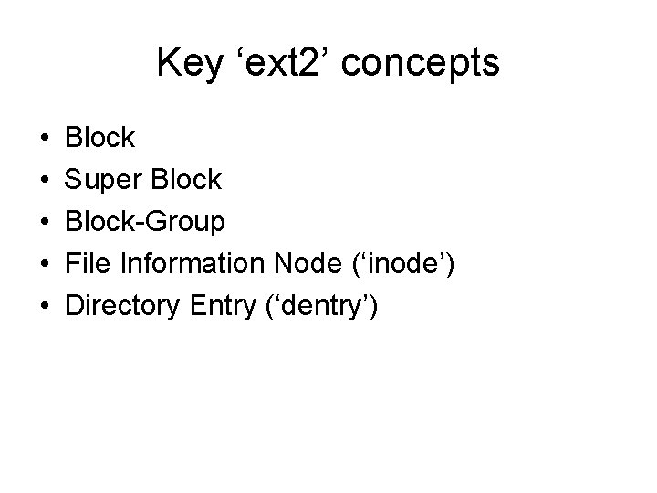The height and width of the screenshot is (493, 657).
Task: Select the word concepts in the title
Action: tap(424, 64)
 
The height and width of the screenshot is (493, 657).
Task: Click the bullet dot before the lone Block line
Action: tap(45, 139)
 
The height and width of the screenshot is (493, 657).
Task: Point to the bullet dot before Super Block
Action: tap(45, 181)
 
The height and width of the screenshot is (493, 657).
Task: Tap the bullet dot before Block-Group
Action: tap(45, 223)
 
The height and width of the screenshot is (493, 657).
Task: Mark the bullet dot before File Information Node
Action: tap(45, 265)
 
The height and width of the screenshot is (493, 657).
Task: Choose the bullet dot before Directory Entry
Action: tap(45, 307)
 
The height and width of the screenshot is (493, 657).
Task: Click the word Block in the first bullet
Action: tap(100, 139)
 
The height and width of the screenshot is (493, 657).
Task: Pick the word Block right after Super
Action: tap(187, 181)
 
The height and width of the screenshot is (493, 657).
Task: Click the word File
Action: tap(89, 265)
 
